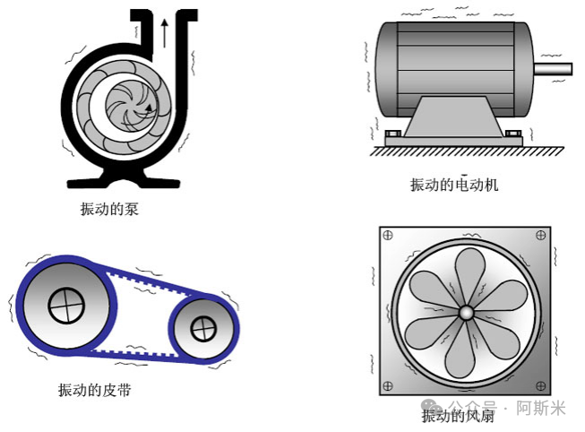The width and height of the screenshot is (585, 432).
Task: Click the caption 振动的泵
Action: click(x=109, y=209)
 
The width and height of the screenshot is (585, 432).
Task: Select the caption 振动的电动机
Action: click(x=454, y=185)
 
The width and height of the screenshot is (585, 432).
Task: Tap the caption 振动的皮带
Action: click(x=95, y=390)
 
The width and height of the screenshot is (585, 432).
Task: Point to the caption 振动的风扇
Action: click(x=458, y=416)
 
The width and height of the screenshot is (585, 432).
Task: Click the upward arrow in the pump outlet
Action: click(x=164, y=33)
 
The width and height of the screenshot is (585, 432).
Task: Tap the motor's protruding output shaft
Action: click(x=554, y=69)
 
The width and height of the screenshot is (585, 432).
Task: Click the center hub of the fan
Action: click(x=466, y=313)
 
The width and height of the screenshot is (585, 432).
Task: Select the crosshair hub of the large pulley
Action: click(x=66, y=306)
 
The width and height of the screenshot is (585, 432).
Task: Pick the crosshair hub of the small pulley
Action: click(x=203, y=329)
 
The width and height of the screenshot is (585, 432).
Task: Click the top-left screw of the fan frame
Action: click(x=388, y=235)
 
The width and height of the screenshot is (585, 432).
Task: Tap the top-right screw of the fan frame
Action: click(x=540, y=235)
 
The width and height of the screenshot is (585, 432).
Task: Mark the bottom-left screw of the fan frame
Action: click(x=388, y=385)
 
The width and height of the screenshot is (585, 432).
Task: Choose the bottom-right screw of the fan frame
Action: click(x=540, y=385)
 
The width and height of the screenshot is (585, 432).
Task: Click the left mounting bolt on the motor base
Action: click(x=393, y=134)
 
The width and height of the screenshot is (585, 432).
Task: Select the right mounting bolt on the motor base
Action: click(x=513, y=134)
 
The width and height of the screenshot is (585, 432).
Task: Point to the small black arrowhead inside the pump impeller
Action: click(x=149, y=108)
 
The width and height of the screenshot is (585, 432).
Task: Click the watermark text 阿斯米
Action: click(x=541, y=408)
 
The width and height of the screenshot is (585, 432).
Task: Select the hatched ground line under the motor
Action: click(x=467, y=151)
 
